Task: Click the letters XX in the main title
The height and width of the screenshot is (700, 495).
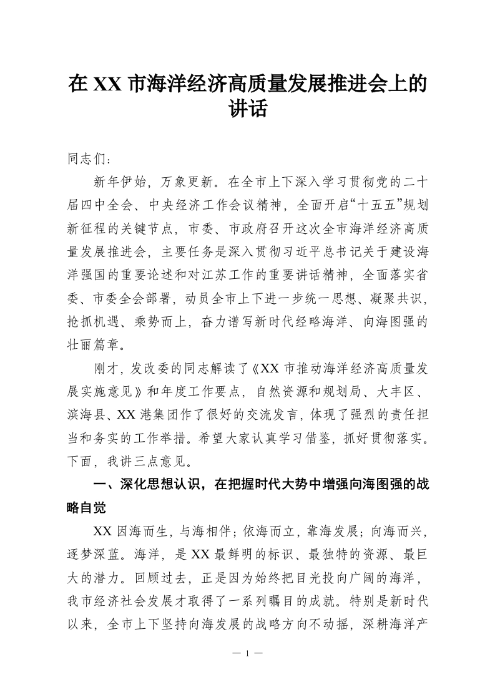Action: click(x=107, y=84)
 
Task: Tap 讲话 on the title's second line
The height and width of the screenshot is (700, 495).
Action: click(x=248, y=110)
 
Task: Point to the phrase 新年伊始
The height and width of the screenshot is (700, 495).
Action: click(x=120, y=182)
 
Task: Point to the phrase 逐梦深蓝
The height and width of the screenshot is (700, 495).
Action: click(x=89, y=558)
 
